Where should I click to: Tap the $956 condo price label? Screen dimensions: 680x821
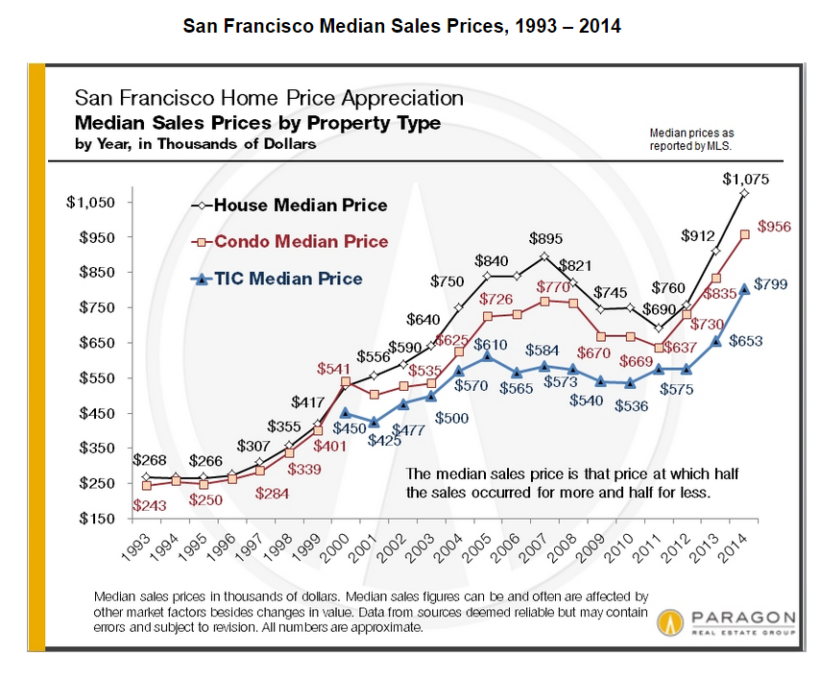point(774,227)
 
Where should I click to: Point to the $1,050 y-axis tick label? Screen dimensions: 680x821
point(91,203)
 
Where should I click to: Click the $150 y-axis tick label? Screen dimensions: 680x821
point(99,519)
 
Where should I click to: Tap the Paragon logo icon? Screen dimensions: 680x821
point(670,623)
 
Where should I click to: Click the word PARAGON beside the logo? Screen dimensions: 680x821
point(741,617)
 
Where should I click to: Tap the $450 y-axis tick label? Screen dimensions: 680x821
point(99,413)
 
